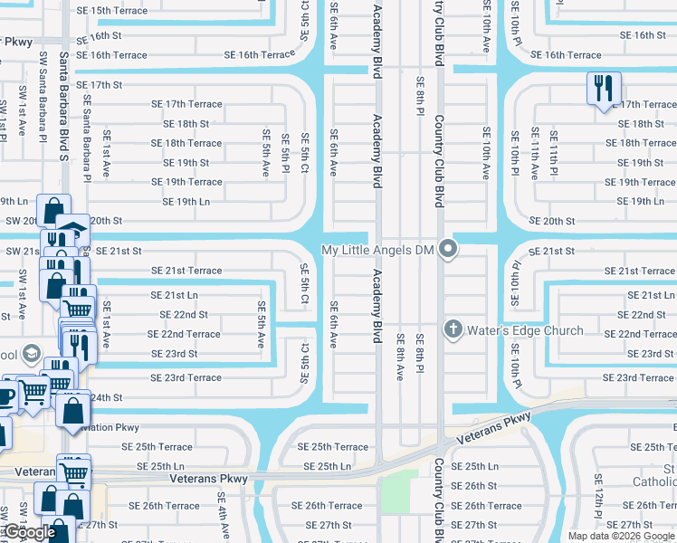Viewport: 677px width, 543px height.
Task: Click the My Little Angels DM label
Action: (x=379, y=250)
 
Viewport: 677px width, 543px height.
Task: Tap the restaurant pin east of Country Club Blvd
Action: (x=604, y=90)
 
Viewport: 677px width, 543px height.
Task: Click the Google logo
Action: (x=29, y=532)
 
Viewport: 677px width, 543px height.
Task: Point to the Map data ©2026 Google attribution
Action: (x=621, y=536)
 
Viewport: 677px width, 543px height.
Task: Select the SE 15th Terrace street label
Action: (x=112, y=11)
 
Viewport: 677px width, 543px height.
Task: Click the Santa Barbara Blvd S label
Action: (x=64, y=117)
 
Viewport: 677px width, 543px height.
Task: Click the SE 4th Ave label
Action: (x=221, y=512)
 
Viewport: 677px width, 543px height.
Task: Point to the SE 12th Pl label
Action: (x=598, y=493)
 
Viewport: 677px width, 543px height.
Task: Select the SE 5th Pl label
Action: (x=284, y=155)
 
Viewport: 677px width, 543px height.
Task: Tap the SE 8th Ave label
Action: (x=400, y=357)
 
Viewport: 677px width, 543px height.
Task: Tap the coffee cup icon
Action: (x=5, y=396)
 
